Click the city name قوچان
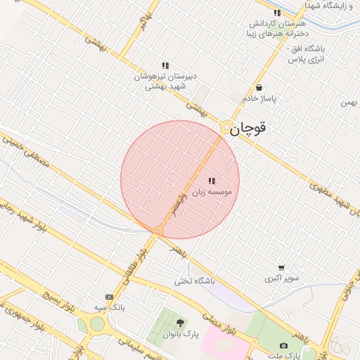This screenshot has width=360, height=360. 250,129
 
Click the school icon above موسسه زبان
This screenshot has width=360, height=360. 212,181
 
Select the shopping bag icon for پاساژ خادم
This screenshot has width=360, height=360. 259,88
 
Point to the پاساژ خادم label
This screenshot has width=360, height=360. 259,98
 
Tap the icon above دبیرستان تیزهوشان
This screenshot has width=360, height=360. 165,65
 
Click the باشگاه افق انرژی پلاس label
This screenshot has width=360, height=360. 305,54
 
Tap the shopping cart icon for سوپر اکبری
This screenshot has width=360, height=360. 281,268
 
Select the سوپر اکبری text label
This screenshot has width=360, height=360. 281,278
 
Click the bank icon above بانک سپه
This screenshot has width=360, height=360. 109,297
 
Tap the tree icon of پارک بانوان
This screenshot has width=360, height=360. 181,323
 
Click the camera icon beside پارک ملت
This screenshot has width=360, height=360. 283,346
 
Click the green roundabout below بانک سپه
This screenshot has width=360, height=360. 97,323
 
